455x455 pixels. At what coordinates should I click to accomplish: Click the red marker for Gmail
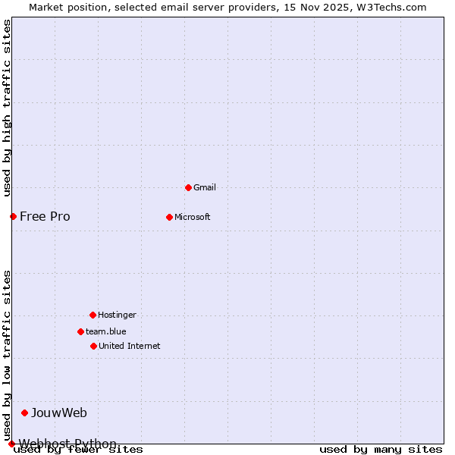point(188,187)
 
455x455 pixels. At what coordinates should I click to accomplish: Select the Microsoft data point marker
point(169,217)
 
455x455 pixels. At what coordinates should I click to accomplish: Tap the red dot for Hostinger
point(93,315)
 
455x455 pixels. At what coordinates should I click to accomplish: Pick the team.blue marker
point(80,331)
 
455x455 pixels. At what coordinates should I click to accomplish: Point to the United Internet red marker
point(93,346)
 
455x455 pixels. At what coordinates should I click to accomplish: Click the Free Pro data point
point(13,217)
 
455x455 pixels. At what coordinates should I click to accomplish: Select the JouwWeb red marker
point(25,413)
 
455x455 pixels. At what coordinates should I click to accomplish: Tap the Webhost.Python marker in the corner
point(11,444)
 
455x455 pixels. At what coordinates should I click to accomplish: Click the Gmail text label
point(205,187)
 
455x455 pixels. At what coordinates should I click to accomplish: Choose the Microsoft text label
point(193,217)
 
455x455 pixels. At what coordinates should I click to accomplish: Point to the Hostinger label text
point(117,315)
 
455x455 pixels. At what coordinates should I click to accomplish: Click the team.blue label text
point(106,331)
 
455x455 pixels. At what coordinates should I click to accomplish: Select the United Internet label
point(129,346)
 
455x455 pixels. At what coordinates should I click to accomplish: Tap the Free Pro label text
point(45,217)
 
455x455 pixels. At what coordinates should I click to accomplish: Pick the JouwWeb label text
point(59,413)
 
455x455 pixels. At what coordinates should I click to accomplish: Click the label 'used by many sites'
point(381,449)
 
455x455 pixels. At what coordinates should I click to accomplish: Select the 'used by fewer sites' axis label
point(79,449)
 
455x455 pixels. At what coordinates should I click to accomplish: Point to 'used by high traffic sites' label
point(8,108)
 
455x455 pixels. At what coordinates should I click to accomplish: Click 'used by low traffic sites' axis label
point(8,355)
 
